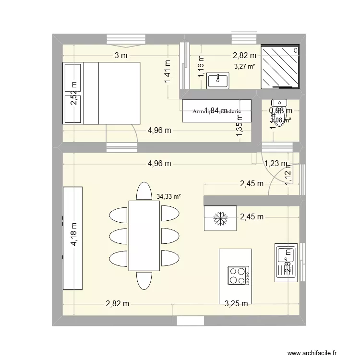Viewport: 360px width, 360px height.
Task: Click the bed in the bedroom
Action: coord(110,93)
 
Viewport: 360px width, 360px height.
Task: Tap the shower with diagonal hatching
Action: coord(280,67)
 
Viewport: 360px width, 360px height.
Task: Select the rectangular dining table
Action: coord(144,235)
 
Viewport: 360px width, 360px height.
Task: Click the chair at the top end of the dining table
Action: coord(144,191)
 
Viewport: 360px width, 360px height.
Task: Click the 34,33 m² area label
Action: coord(168,196)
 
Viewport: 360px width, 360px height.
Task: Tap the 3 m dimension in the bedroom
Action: coord(120,56)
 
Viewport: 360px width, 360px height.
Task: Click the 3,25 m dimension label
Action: coord(236,303)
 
